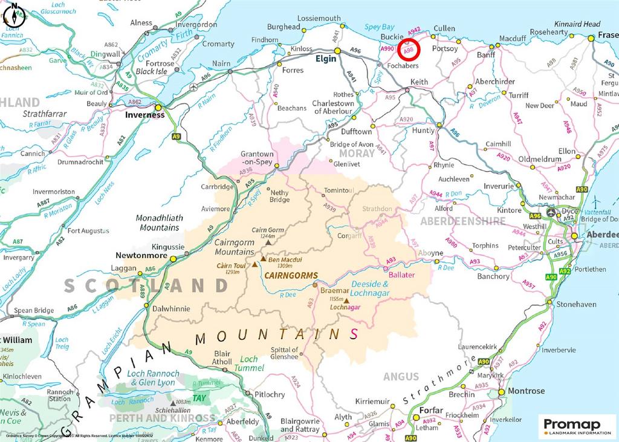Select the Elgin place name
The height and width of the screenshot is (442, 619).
[x=325, y=60]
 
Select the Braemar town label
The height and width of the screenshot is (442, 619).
[x=332, y=290]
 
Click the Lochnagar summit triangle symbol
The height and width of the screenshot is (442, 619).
[x=347, y=300]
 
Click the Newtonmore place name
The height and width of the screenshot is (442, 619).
[x=143, y=256]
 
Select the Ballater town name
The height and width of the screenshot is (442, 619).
[x=402, y=275]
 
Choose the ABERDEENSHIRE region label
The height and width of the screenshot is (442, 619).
[x=463, y=221]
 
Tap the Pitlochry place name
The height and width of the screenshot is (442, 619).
[x=270, y=394]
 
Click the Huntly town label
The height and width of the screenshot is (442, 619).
[x=423, y=131]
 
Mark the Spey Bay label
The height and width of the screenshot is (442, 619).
[x=379, y=27]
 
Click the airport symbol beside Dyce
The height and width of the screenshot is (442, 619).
[x=551, y=213]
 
